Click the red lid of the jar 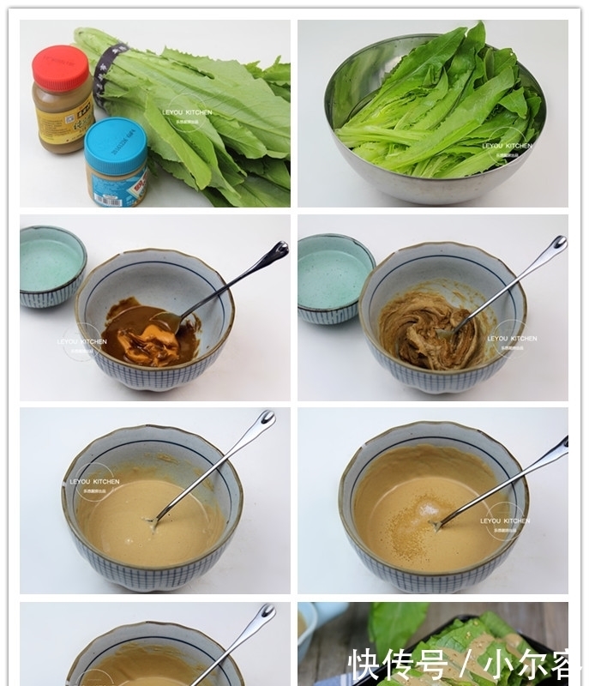tap(61, 68)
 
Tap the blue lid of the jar tap(116, 135)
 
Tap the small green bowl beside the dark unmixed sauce tap(51, 264)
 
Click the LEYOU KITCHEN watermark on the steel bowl tap(506, 147)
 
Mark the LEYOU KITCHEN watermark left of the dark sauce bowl tap(82, 341)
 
